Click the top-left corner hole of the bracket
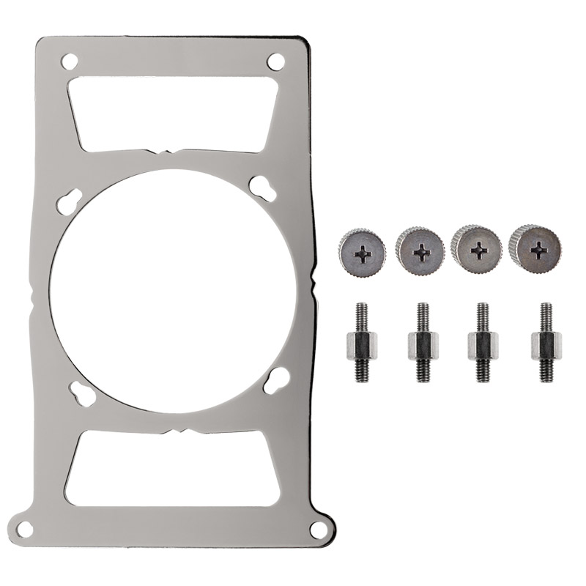(70, 61)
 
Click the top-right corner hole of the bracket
(276, 61)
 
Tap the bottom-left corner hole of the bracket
(26, 527)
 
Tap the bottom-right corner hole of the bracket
(318, 528)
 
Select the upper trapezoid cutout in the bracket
(173, 114)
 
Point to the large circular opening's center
(174, 293)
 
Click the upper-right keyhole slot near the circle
(262, 188)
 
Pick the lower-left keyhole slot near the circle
(83, 391)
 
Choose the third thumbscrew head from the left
(478, 250)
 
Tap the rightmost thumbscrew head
(537, 248)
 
